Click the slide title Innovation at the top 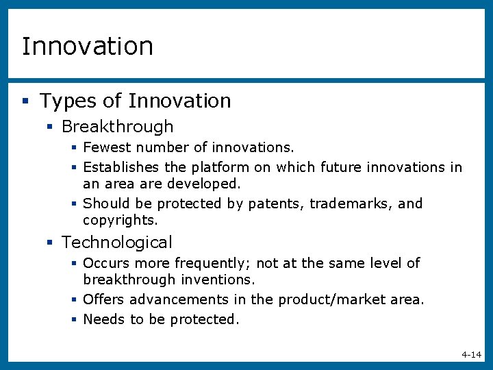tap(88, 47)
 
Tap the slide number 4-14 tap(471, 354)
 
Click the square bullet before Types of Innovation tap(25, 101)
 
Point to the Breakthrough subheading tap(117, 127)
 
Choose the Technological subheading tap(117, 243)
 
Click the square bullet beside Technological tap(49, 243)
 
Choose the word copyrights tap(120, 220)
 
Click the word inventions tap(218, 280)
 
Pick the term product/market tap(333, 299)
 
